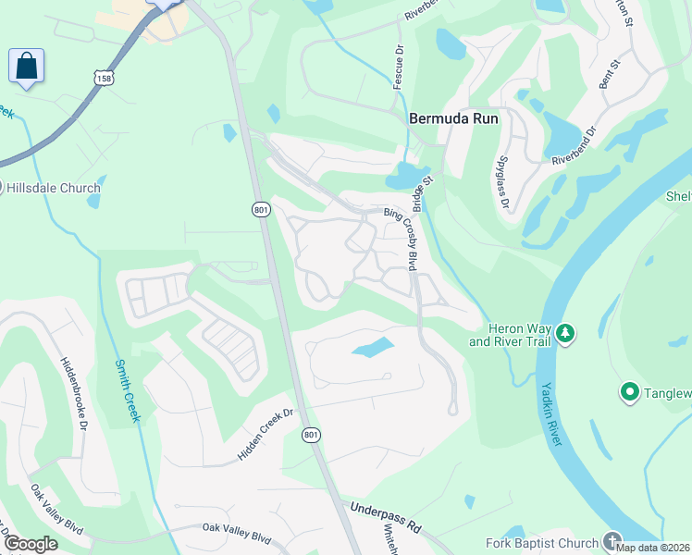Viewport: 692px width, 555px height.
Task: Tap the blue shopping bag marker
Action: [x=27, y=67]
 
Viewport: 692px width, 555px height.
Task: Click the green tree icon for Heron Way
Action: [x=564, y=332]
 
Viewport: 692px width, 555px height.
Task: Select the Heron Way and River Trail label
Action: [x=510, y=336]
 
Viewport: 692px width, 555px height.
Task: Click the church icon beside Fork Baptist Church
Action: [x=612, y=540]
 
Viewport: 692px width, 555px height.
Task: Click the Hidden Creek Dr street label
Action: [x=266, y=435]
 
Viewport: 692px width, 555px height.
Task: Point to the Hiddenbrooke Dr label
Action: [x=72, y=394]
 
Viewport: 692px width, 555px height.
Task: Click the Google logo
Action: [x=31, y=544]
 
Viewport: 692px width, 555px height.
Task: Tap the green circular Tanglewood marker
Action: [x=631, y=393]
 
